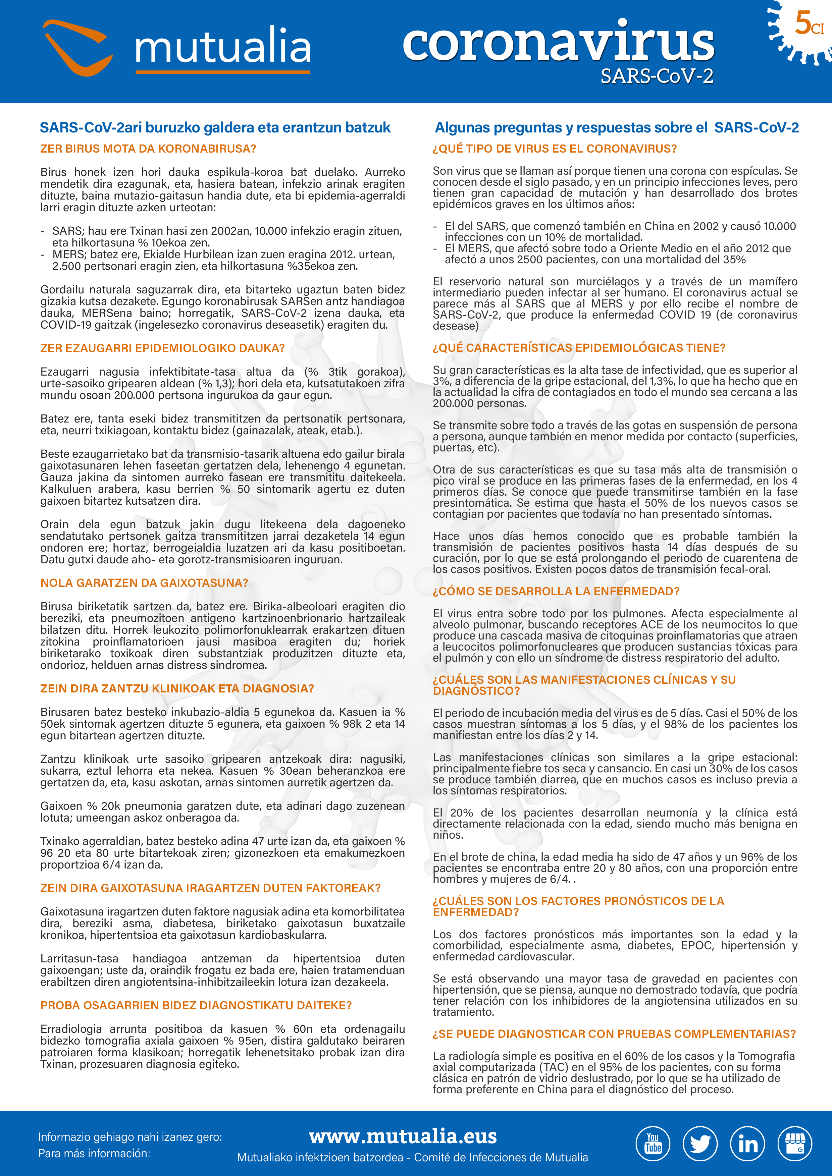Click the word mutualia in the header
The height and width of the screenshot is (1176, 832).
(223, 47)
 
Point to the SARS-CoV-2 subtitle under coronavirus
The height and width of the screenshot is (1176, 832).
(657, 76)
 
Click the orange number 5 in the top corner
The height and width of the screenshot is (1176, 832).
(803, 23)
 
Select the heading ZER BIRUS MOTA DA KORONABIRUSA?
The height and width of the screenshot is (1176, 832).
(148, 149)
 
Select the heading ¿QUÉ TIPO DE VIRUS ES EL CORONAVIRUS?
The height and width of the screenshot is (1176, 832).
(554, 149)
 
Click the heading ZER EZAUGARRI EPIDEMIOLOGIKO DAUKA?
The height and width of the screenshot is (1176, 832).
(162, 348)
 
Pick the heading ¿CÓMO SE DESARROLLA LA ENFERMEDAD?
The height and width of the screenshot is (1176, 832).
(556, 591)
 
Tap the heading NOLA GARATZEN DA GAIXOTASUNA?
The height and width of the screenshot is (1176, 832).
(144, 583)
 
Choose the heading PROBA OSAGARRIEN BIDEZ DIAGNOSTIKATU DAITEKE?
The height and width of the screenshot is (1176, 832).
(196, 1005)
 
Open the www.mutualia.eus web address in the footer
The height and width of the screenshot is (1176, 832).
(403, 1136)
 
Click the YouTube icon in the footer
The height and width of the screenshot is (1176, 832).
(653, 1143)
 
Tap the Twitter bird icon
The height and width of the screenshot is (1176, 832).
(700, 1143)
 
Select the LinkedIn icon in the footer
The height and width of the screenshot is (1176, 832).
(747, 1143)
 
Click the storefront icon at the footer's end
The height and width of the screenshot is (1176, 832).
(795, 1143)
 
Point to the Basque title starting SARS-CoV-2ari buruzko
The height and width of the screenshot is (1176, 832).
(215, 127)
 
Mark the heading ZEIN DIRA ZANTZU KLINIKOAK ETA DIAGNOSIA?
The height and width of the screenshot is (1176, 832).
(177, 688)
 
